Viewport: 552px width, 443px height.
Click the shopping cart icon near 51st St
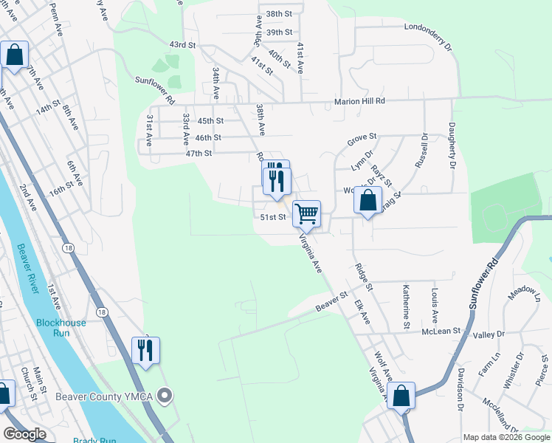click(x=306, y=214)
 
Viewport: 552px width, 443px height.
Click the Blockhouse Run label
click(x=61, y=328)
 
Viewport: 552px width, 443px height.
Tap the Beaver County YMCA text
click(x=103, y=396)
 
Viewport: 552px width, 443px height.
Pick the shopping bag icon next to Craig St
click(x=368, y=200)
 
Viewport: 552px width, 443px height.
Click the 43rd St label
click(x=182, y=45)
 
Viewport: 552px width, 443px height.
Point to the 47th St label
click(x=199, y=154)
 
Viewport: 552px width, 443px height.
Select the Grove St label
click(x=362, y=137)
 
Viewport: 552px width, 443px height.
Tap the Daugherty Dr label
click(x=451, y=146)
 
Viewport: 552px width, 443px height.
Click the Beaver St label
click(x=331, y=301)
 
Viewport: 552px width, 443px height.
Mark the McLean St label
click(x=442, y=332)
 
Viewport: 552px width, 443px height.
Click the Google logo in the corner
click(x=25, y=434)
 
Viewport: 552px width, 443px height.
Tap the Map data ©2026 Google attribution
click(x=506, y=437)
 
